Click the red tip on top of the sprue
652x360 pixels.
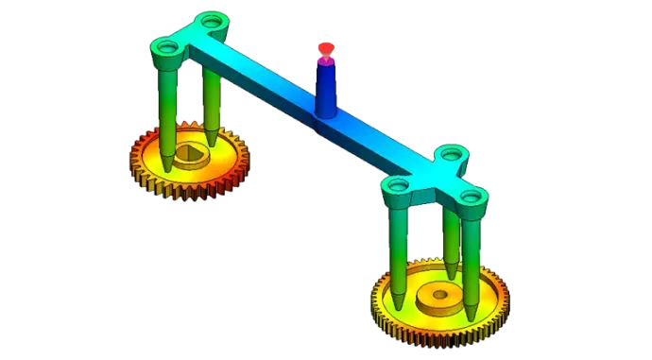[x=326, y=48]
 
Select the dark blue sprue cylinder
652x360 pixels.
[x=326, y=89]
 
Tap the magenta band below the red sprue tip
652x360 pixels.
[x=326, y=60]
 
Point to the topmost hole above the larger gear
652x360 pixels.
[x=451, y=152]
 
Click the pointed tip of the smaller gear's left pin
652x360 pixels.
[x=167, y=169]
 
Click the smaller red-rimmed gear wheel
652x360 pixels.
[x=151, y=175]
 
